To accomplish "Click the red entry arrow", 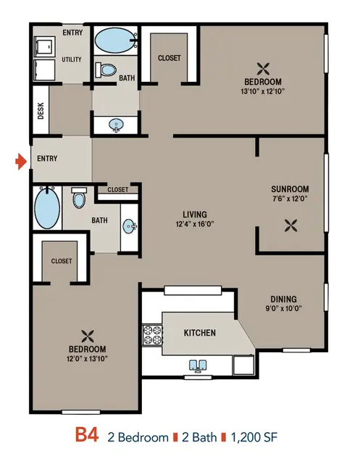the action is (x=21, y=162).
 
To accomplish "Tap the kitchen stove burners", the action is (x=153, y=335).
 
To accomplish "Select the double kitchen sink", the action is (x=198, y=365).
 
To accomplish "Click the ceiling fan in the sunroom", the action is (x=290, y=225).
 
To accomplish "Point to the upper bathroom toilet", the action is (x=106, y=70).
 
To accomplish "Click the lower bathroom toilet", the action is (x=79, y=197).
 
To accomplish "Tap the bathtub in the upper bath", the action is (x=116, y=41).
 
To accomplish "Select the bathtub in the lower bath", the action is (x=47, y=207).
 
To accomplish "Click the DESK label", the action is (x=41, y=111).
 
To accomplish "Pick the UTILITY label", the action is (x=72, y=59).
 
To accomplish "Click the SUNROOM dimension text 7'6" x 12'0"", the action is (x=290, y=199).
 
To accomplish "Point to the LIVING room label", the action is (x=195, y=215).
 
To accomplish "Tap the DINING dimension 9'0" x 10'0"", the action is (x=283, y=309).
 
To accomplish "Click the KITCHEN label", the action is (x=200, y=333).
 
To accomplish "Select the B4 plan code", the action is (x=86, y=434).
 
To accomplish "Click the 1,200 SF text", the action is (x=254, y=437).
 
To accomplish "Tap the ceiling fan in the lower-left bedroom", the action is (x=87, y=336).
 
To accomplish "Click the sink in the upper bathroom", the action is (x=116, y=125).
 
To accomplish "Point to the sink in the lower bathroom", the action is (x=129, y=227).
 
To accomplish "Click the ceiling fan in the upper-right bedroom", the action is (x=263, y=69).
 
